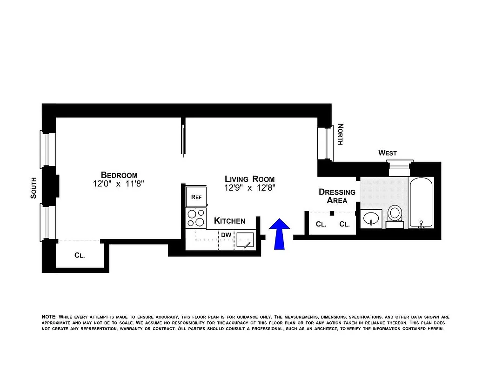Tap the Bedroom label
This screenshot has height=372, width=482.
(119, 175)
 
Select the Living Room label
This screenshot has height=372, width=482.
(249, 179)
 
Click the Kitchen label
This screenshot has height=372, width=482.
(229, 221)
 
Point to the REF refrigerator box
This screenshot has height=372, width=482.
(196, 197)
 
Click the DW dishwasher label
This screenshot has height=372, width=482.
(226, 235)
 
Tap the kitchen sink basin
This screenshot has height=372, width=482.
(245, 240)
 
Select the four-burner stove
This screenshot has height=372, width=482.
(195, 217)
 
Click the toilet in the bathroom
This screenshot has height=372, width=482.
(395, 215)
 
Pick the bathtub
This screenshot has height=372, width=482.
(421, 202)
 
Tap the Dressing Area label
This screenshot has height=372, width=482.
(337, 196)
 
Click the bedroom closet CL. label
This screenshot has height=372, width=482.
(80, 255)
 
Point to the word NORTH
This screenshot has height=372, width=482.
(340, 134)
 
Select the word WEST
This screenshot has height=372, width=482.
(388, 153)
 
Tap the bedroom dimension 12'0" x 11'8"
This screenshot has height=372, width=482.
(119, 184)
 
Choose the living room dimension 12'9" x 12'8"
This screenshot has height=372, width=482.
(249, 188)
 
